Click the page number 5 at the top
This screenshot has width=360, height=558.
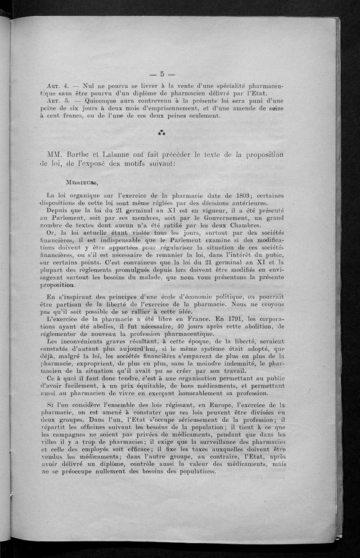(x=162, y=74)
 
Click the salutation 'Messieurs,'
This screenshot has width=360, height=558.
(x=81, y=183)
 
